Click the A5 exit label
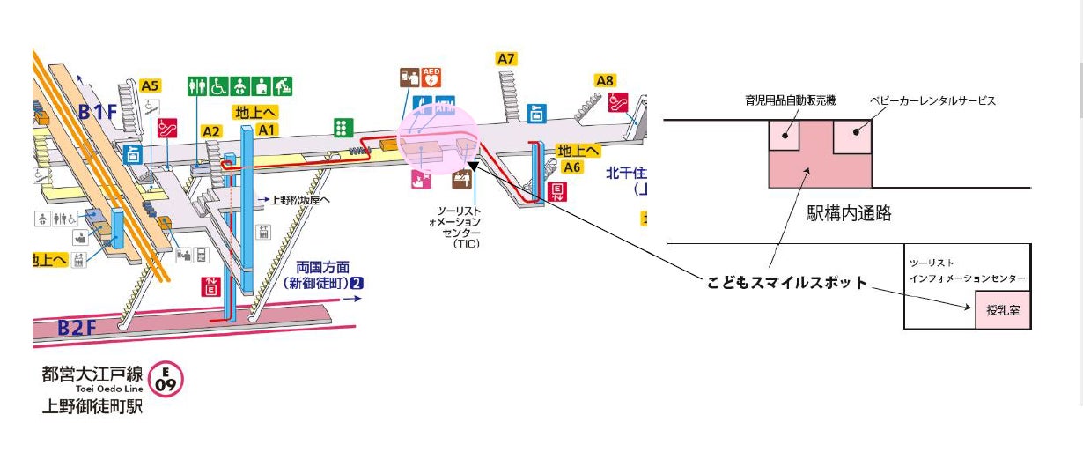click(151, 85)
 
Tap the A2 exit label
click(211, 130)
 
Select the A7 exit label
click(505, 59)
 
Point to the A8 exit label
click(605, 80)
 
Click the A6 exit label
click(572, 167)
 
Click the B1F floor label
click(98, 112)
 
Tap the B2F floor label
click(77, 328)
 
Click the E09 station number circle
click(166, 380)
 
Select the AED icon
click(431, 77)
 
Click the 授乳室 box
click(1002, 310)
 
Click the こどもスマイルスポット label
click(787, 283)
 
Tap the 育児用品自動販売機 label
click(788, 101)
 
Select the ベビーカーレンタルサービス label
click(932, 101)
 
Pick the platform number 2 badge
click(356, 284)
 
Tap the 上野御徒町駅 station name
click(92, 407)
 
